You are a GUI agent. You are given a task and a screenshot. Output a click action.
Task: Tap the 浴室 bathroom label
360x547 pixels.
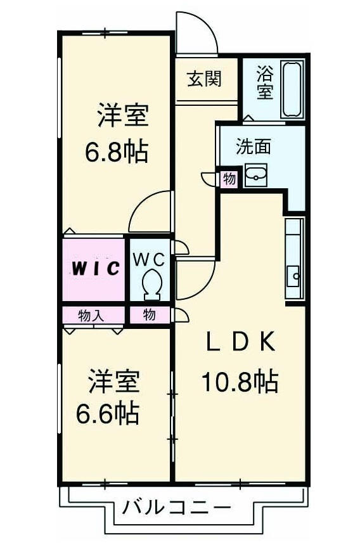264,83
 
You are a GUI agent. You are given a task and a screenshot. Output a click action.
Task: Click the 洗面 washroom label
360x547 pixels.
254,147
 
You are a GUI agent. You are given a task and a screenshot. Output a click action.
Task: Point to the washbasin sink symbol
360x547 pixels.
256,176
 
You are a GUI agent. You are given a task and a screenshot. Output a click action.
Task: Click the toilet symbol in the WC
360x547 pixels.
151,284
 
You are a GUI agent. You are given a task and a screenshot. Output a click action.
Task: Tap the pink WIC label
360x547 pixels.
94,268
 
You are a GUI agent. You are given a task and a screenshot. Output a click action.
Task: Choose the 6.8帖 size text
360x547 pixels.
117,152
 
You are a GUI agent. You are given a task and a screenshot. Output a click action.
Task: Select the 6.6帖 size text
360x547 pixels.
108,413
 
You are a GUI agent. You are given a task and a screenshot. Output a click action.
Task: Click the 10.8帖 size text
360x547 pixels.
240,382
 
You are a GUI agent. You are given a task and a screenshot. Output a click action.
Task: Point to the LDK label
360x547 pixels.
240,343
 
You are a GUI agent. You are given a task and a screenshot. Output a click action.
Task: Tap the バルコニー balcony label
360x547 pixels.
177,507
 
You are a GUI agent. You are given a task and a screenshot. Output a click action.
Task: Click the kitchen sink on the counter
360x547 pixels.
293,276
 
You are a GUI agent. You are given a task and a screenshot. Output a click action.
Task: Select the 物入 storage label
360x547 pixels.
91,314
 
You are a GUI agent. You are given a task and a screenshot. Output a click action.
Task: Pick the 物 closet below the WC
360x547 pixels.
149,314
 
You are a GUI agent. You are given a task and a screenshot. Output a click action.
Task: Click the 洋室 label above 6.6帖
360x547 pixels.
113,383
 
